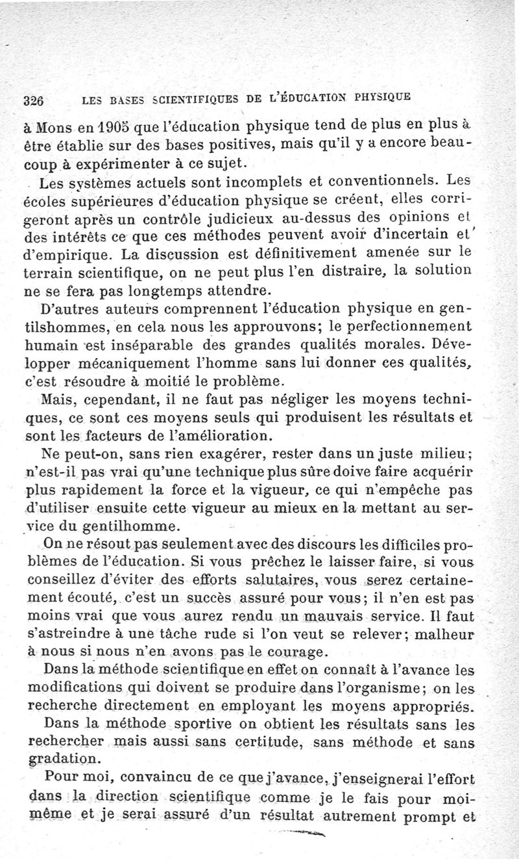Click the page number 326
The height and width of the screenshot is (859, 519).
pyautogui.click(x=32, y=101)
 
